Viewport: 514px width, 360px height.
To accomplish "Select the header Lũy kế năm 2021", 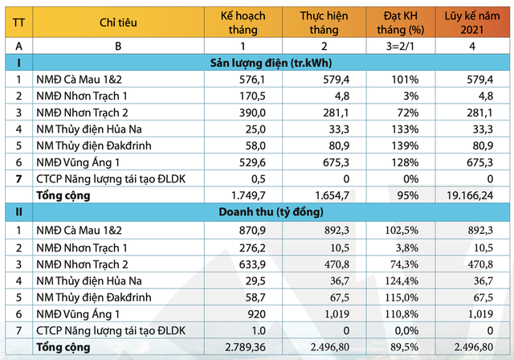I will coord(475,22).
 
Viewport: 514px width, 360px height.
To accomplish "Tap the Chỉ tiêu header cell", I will coord(117,22).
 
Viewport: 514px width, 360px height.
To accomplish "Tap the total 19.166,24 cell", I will coord(474,195).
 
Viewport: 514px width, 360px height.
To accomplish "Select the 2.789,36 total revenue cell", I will coord(246,346).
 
